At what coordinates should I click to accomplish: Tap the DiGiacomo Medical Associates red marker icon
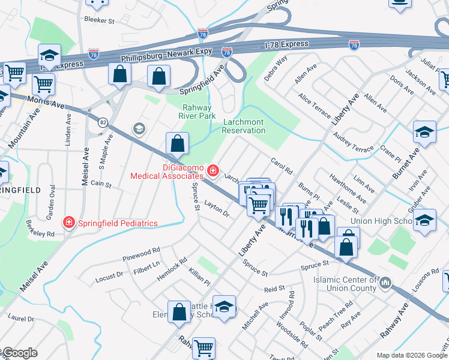coord(212,172)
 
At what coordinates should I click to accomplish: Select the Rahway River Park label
coord(199,112)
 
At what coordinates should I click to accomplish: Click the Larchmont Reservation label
coord(244,126)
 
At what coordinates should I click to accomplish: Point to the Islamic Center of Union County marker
coord(386,281)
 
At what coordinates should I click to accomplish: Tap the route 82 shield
coord(103,122)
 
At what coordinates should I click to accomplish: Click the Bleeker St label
coord(100,20)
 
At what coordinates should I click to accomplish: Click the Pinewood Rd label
coord(141,254)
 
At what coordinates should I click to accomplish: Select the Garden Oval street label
coord(52,206)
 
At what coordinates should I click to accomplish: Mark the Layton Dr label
coord(217,209)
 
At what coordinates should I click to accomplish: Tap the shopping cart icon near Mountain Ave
coord(43,85)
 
